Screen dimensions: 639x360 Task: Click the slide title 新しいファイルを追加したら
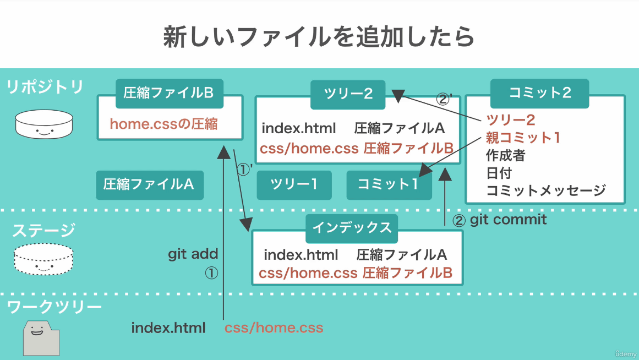click(319, 37)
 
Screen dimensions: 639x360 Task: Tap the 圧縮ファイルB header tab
click(169, 94)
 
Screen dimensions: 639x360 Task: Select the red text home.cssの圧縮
click(164, 124)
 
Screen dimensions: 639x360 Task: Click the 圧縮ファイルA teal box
click(150, 185)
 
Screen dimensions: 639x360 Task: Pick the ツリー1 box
click(294, 185)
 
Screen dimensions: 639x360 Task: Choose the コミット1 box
click(389, 185)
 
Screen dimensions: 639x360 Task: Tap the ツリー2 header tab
click(348, 94)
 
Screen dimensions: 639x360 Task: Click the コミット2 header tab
click(539, 94)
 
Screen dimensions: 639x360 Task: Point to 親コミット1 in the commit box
click(523, 138)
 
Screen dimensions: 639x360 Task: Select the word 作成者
click(505, 155)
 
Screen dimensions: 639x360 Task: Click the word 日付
click(499, 173)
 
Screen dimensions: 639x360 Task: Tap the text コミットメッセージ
click(546, 190)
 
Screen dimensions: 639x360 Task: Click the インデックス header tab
click(352, 228)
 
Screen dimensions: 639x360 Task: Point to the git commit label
click(508, 220)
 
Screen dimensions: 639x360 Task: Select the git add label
click(193, 254)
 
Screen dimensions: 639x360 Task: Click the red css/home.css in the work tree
click(274, 328)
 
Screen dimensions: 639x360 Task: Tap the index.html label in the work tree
click(168, 328)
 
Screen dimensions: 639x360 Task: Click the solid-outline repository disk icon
click(44, 124)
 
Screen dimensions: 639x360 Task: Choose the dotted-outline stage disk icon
click(43, 259)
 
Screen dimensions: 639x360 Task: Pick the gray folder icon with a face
click(41, 338)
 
